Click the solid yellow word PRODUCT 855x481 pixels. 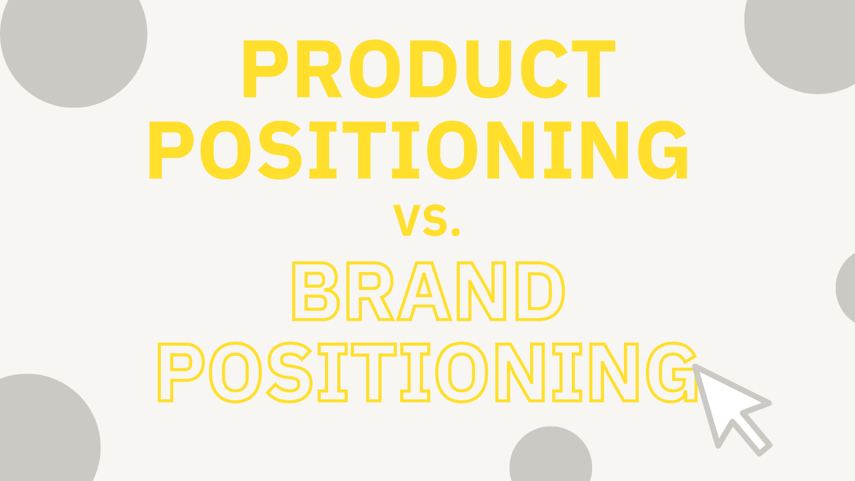point(429,69)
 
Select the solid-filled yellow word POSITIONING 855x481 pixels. point(418,150)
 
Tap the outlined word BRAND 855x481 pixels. point(428,291)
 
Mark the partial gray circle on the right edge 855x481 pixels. point(847,288)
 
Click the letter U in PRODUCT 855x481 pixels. point(488,69)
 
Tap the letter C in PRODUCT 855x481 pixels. point(543,69)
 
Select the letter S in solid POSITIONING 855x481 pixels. point(279,150)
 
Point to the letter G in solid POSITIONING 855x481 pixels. point(663,150)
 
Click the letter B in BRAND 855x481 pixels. point(315,291)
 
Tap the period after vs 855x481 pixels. point(455,231)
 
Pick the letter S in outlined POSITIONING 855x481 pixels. point(289,373)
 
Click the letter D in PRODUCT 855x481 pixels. point(433,69)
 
